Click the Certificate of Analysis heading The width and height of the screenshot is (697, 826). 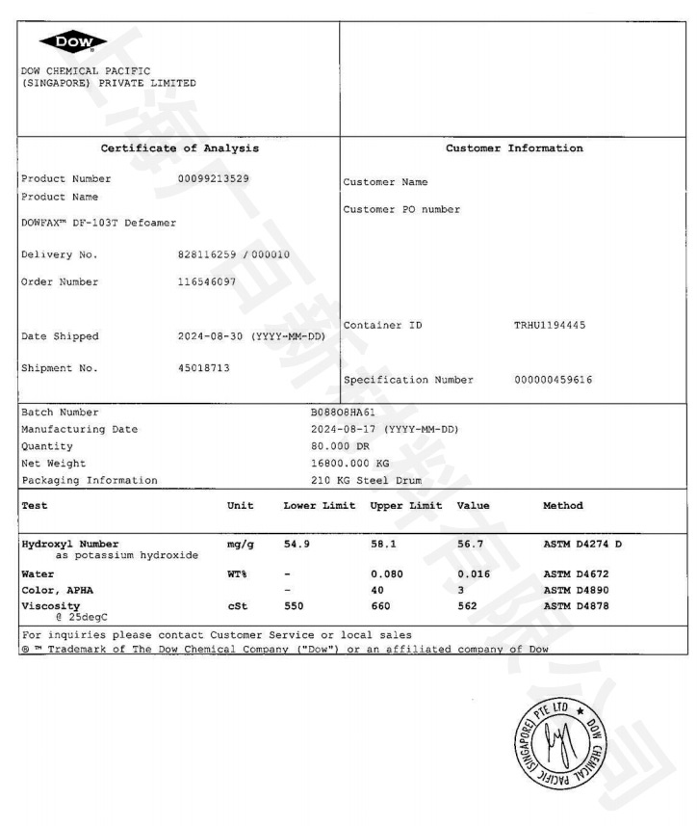pos(180,148)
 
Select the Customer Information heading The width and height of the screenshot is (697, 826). pos(514,148)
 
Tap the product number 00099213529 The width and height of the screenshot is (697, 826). pos(215,178)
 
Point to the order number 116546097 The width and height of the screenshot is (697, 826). pos(207,282)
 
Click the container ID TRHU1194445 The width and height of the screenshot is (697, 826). pos(549,325)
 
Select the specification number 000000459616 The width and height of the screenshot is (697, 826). pos(554,380)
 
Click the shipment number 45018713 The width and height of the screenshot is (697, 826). pos(204,367)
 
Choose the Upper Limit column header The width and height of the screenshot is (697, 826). pos(405,505)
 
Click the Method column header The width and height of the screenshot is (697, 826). pos(562,505)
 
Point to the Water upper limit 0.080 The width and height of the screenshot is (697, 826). pos(388,573)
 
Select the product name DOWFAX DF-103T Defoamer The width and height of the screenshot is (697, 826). pos(98,223)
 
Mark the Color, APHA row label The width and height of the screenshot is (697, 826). pos(62,589)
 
